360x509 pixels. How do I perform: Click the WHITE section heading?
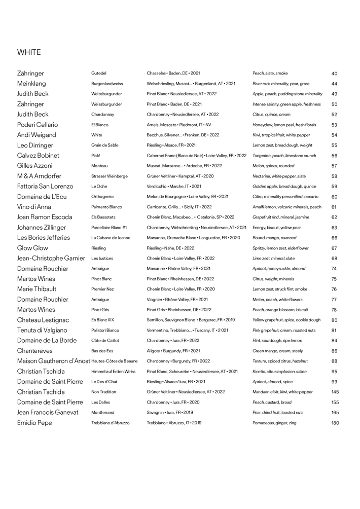click(x=29, y=52)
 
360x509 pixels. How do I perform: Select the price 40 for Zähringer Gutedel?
click(x=334, y=74)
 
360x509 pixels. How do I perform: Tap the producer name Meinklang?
click(x=31, y=84)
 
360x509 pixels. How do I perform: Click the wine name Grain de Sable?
click(x=104, y=145)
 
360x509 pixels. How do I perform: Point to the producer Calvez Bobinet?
click(x=38, y=156)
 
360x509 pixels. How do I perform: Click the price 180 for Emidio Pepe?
click(x=335, y=423)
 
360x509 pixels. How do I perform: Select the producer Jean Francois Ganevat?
click(x=48, y=413)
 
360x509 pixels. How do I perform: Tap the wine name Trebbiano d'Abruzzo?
click(x=110, y=423)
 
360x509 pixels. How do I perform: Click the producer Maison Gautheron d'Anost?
click(x=53, y=361)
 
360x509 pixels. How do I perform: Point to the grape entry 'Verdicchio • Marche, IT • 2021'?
click(x=174, y=186)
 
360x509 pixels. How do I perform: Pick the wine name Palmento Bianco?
click(x=106, y=207)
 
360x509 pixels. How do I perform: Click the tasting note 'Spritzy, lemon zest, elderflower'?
click(x=280, y=248)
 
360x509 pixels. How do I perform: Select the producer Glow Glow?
click(x=32, y=248)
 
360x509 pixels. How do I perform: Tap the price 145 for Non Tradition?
click(x=335, y=392)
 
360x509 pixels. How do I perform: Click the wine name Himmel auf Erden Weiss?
click(x=114, y=372)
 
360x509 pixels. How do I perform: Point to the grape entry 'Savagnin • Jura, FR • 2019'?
click(x=170, y=413)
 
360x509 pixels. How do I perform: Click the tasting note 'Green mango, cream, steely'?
click(x=277, y=351)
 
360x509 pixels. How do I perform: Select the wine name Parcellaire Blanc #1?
click(x=109, y=228)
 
